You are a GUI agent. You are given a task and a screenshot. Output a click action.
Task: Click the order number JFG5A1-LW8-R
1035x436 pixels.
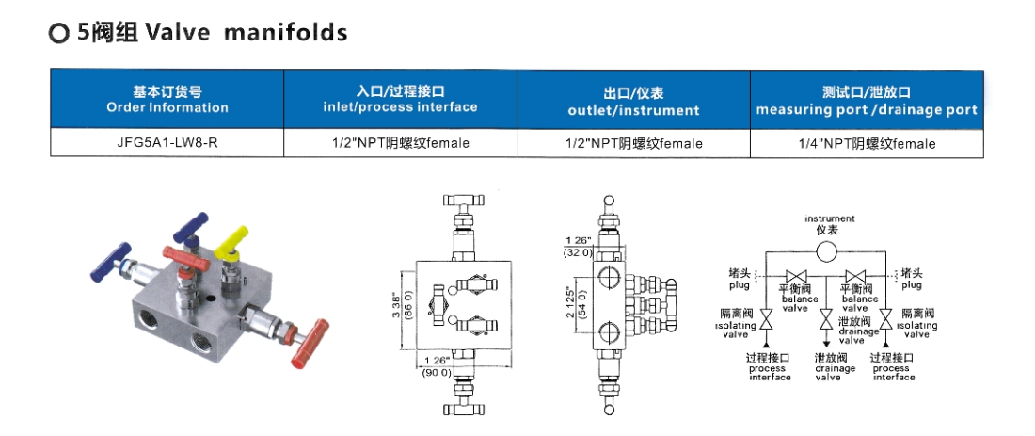pyautogui.click(x=167, y=143)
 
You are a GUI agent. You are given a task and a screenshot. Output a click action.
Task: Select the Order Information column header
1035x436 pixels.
pyautogui.click(x=167, y=100)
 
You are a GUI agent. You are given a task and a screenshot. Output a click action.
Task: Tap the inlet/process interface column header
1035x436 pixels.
pyautogui.click(x=400, y=100)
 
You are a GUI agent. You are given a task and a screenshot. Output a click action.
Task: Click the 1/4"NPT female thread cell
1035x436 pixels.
pyautogui.click(x=867, y=143)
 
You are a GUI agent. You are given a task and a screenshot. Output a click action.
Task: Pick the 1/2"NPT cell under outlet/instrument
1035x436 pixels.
pyautogui.click(x=633, y=143)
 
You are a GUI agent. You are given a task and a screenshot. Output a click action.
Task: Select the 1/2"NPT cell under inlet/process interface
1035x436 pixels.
pyautogui.click(x=400, y=143)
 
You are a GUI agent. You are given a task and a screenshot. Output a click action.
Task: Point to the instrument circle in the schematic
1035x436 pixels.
pyautogui.click(x=825, y=251)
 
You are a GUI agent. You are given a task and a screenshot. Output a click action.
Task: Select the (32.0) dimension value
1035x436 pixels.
pyautogui.click(x=577, y=252)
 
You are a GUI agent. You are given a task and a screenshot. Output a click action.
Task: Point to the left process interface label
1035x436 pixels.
pyautogui.click(x=767, y=367)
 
